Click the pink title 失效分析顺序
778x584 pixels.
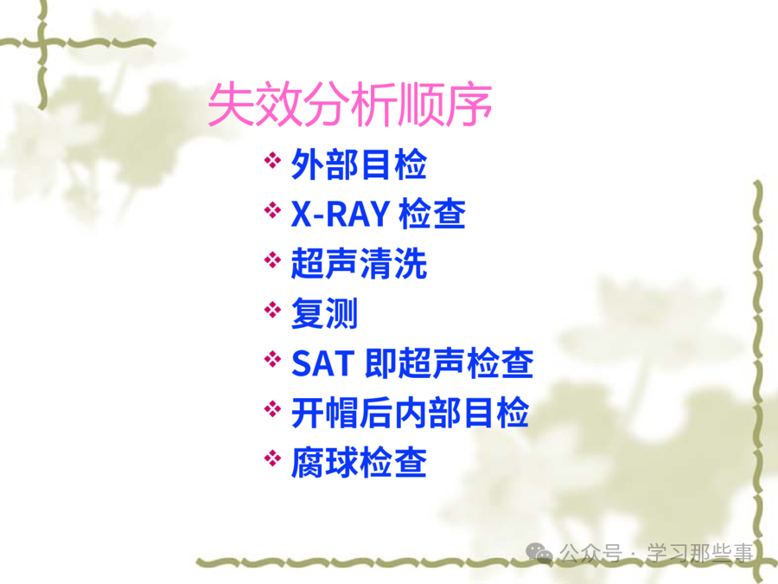click(x=350, y=105)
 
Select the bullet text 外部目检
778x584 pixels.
click(x=359, y=164)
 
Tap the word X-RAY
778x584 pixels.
click(x=340, y=215)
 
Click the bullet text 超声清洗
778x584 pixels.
click(x=359, y=264)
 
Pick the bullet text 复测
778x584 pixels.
click(x=324, y=313)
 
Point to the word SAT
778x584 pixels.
click(x=323, y=363)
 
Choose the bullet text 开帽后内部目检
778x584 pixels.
click(x=410, y=413)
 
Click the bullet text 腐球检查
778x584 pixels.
click(x=359, y=462)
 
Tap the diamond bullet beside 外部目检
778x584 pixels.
click(x=272, y=160)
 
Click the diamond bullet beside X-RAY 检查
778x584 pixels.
click(x=272, y=209)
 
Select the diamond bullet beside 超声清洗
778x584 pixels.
click(x=272, y=260)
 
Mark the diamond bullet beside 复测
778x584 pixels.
click(x=272, y=310)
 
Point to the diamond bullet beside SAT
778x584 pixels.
click(x=272, y=358)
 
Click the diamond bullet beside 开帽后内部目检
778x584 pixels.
click(x=272, y=408)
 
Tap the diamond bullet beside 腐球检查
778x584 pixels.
click(x=272, y=458)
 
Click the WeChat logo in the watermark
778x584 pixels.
click(x=539, y=552)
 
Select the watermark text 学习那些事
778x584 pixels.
click(x=700, y=553)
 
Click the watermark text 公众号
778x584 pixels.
click(x=590, y=553)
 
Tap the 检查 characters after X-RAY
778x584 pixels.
click(x=432, y=214)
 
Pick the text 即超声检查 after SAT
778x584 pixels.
click(x=449, y=363)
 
